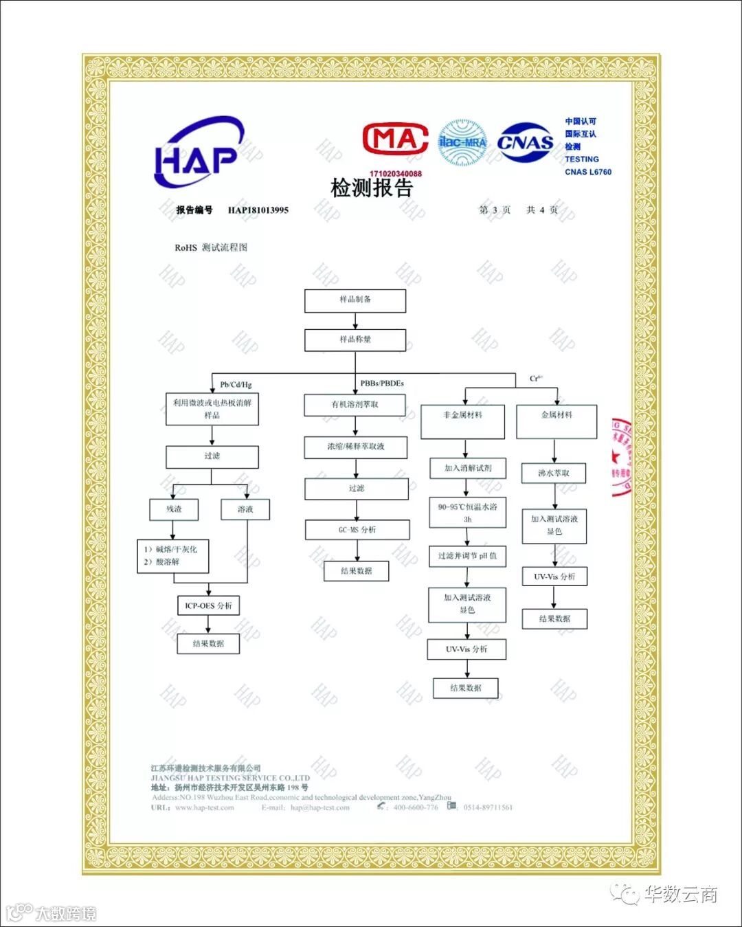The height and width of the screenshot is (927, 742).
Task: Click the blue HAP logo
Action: click(198, 154)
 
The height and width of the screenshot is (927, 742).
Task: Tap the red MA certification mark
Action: click(395, 139)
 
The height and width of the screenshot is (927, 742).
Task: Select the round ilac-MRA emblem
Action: click(462, 142)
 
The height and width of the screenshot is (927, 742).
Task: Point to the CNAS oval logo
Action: click(526, 142)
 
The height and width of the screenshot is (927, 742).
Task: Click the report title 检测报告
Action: click(372, 188)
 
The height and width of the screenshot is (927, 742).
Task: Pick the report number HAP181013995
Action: click(258, 210)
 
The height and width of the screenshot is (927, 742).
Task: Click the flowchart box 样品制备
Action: click(355, 300)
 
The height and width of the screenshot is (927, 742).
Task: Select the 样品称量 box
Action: click(355, 340)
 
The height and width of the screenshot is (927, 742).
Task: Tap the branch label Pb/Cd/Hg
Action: click(236, 384)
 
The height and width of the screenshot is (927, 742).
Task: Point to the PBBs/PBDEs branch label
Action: click(382, 383)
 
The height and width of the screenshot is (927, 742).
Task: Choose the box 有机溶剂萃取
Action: click(355, 405)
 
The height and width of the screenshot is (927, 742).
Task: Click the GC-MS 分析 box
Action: click(357, 530)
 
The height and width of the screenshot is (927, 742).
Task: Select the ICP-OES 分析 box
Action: click(208, 605)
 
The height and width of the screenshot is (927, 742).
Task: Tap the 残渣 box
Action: click(174, 509)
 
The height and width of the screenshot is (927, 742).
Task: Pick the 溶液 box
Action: click(245, 509)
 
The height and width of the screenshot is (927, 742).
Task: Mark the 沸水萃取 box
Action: click(554, 473)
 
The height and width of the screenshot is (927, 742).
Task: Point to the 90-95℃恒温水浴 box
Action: click(467, 513)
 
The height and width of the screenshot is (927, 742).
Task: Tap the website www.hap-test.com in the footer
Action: click(205, 807)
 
